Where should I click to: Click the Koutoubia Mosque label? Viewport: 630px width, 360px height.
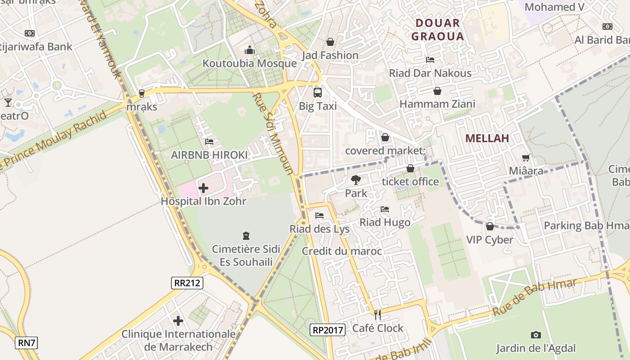(249, 63)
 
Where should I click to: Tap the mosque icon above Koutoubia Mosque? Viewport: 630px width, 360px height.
(250, 50)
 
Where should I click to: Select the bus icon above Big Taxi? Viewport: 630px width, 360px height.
(318, 93)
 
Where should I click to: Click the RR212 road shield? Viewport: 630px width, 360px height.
(187, 283)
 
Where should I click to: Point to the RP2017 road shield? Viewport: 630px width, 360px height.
(328, 330)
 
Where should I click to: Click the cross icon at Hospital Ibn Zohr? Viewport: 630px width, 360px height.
(203, 188)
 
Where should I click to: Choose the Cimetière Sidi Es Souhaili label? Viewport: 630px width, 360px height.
(246, 255)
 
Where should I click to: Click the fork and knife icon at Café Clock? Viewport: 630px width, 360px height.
(378, 315)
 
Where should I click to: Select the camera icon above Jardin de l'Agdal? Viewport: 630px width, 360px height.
(535, 335)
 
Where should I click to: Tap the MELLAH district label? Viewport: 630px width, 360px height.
(487, 138)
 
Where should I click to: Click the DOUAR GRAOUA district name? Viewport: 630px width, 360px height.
(437, 30)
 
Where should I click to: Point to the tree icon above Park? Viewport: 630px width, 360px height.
(356, 180)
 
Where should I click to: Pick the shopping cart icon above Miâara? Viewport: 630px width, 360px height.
(526, 158)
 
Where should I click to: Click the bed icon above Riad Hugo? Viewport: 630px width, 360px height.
(385, 209)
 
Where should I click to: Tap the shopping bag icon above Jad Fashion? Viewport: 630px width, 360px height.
(330, 42)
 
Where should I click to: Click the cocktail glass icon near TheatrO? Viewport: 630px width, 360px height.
(8, 103)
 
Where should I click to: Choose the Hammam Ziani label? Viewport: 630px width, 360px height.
(437, 104)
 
